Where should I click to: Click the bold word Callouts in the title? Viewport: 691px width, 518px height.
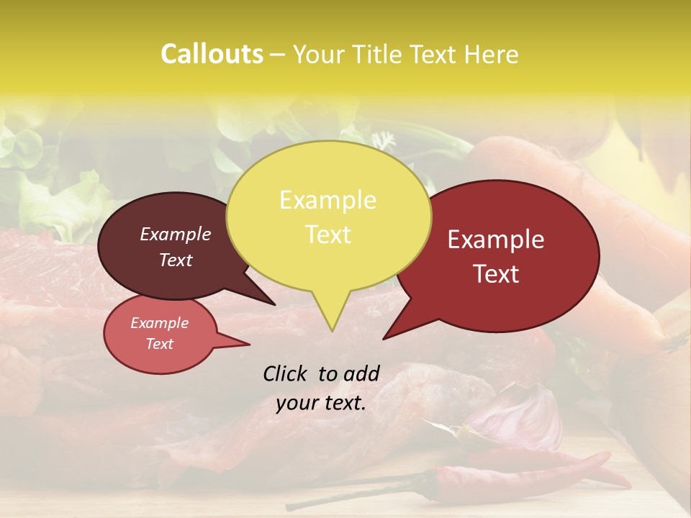212,54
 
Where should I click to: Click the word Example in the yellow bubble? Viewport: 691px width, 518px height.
328,200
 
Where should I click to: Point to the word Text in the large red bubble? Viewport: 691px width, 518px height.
497,273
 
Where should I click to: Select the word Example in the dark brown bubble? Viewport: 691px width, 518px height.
176,234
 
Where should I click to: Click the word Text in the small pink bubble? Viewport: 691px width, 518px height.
160,344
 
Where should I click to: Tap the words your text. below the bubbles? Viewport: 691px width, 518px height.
321,402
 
